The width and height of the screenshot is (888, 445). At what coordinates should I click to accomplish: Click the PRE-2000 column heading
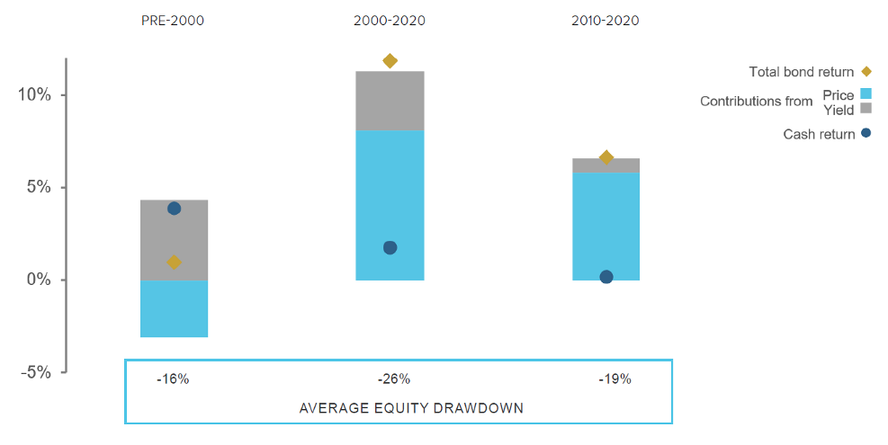[x=172, y=21]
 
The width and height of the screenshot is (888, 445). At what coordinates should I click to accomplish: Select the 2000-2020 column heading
[x=389, y=21]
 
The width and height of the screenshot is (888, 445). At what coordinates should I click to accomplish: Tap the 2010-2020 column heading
[x=605, y=21]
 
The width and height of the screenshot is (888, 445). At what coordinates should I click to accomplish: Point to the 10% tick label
[x=34, y=94]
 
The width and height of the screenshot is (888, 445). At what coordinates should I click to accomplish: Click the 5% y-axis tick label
[x=39, y=187]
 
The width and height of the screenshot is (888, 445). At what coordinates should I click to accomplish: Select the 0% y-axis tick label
[x=39, y=280]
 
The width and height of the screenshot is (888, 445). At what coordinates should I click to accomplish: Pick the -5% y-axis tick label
[x=36, y=372]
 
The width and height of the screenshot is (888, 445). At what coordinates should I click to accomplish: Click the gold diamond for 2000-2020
[x=390, y=60]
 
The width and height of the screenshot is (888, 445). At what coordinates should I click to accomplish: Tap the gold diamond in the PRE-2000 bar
[x=174, y=263]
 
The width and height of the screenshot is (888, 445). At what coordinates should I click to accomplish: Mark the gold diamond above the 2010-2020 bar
[x=606, y=157]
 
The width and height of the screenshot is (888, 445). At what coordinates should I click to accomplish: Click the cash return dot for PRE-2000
[x=174, y=209]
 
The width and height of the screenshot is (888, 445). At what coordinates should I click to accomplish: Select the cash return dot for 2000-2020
[x=390, y=247]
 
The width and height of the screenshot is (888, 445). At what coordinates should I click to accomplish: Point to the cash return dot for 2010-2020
[x=606, y=277]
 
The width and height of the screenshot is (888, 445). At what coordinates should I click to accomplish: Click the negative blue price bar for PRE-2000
[x=174, y=308]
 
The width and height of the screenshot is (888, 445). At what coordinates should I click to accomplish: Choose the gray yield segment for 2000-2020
[x=390, y=101]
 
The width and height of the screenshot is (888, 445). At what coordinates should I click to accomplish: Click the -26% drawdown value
[x=393, y=379]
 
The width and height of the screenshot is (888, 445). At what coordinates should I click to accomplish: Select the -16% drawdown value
[x=173, y=379]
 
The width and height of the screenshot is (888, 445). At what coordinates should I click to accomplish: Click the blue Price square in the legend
[x=866, y=94]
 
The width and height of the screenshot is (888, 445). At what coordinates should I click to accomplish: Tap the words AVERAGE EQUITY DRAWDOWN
[x=411, y=408]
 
